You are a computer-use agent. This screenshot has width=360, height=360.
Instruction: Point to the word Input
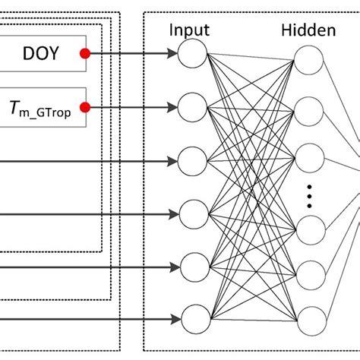point(190,30)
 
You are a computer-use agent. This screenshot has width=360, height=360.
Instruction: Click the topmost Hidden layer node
point(308,61)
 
